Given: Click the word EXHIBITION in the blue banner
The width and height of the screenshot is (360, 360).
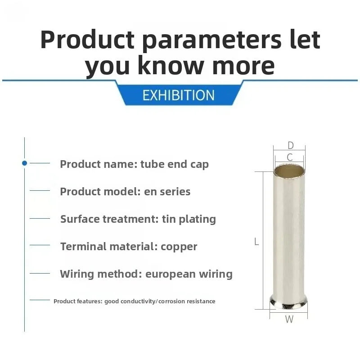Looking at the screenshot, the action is coord(178,95).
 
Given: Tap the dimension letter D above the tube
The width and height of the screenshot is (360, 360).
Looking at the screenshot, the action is coord(290,145).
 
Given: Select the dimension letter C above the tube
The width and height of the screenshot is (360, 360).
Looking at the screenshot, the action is coord(290,157).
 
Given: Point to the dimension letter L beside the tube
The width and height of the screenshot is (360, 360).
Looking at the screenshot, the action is coord(256,242).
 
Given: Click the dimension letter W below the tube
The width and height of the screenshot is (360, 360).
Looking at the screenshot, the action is coord(289,319).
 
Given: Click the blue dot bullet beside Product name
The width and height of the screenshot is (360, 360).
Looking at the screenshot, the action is coord(25,163).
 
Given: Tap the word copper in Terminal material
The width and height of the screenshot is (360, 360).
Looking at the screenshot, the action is coord(179,247).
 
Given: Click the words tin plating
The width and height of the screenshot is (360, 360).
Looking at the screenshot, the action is coord(189,219).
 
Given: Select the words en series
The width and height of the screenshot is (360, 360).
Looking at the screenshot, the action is coord(167,192).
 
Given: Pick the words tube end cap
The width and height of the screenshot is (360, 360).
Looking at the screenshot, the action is coord(175,164).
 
